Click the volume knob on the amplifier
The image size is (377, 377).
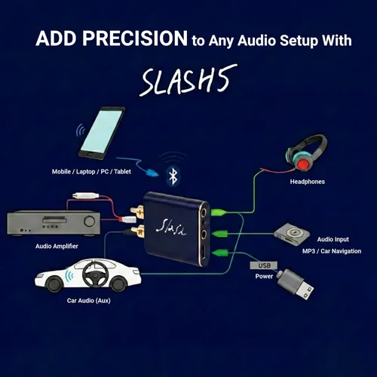[90, 222]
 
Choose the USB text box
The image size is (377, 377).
[262, 265]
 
